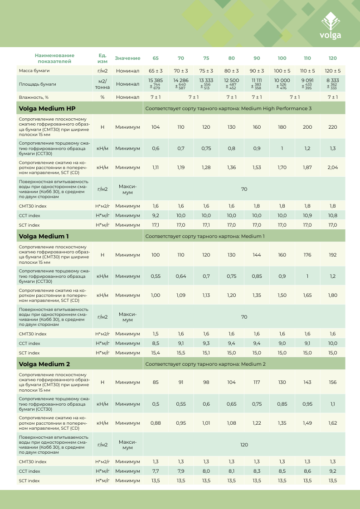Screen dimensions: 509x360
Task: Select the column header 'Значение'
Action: (127, 58)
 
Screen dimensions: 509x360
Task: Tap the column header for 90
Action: (257, 58)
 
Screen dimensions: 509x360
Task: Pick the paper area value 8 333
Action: (332, 80)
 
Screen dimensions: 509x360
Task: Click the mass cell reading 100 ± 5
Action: (282, 71)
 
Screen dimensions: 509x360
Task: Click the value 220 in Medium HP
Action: (332, 127)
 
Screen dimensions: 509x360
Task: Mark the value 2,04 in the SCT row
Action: (332, 167)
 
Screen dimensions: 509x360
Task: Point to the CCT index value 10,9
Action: (307, 215)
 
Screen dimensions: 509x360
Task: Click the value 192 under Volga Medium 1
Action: (332, 255)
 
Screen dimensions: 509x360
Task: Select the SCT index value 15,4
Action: (156, 353)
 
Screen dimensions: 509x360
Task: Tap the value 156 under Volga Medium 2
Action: (332, 383)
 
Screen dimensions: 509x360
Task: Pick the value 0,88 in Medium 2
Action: (156, 423)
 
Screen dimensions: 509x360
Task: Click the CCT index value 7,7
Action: (156, 471)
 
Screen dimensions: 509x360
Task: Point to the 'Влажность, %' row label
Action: (34, 97)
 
